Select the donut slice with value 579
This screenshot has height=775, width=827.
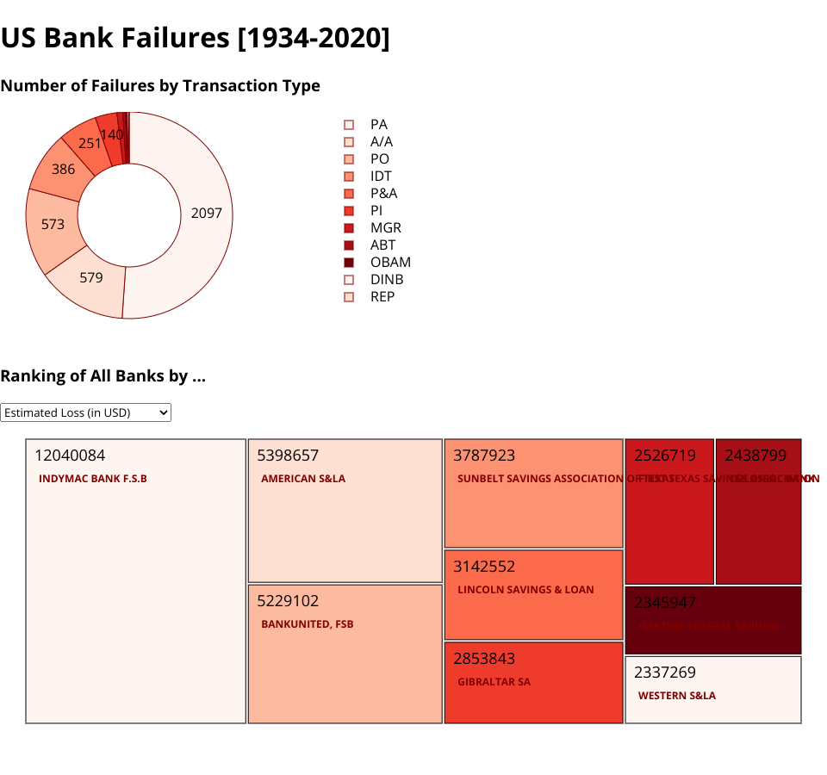91,277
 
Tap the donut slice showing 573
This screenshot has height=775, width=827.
53,224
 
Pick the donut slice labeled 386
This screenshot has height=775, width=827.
63,169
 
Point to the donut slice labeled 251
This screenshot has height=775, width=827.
90,143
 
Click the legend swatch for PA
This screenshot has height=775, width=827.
349,125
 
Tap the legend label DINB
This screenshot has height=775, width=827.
387,280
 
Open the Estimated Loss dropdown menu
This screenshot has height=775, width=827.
86,412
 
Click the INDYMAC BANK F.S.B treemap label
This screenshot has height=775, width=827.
93,479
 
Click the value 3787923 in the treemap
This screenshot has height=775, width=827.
484,456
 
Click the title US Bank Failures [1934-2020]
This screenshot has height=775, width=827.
196,38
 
